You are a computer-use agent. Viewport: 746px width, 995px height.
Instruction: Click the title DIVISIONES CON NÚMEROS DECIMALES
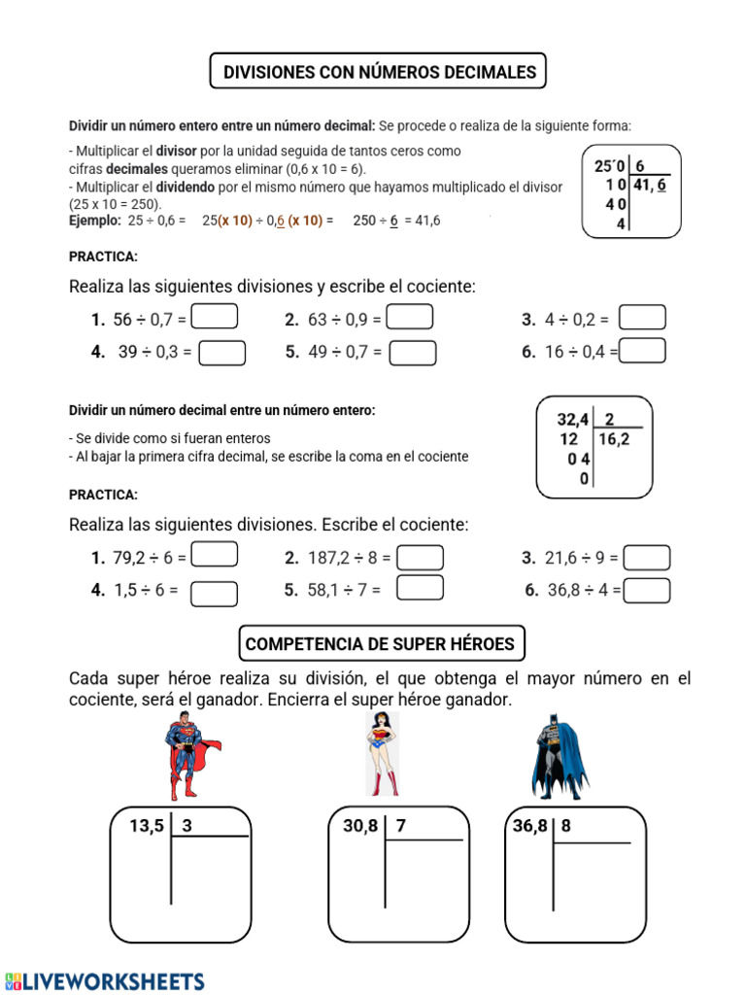coord(379,72)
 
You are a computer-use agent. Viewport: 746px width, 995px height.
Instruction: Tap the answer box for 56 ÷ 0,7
coord(215,318)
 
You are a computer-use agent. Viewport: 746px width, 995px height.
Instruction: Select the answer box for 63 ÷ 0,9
coord(410,318)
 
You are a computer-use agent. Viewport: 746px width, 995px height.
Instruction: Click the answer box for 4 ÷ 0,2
coord(642,318)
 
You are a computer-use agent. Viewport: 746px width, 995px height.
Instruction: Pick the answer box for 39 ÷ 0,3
coord(221,353)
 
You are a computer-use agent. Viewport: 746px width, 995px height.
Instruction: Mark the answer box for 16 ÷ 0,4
coord(642,351)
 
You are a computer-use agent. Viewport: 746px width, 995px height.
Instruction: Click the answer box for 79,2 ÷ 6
coord(215,555)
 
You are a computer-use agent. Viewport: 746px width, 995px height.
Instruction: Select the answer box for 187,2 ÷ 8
coord(421,558)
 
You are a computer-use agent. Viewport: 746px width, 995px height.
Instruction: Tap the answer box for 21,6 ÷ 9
coord(646,558)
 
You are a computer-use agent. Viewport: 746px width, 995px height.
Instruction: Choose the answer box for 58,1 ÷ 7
coord(421,588)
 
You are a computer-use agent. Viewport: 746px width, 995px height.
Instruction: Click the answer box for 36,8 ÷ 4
coord(646,590)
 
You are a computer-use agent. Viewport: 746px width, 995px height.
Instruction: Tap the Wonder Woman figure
coord(382,754)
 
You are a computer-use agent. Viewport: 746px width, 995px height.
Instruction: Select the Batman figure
coord(559,756)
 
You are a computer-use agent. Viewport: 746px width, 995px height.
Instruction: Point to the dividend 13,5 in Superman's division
coord(148,826)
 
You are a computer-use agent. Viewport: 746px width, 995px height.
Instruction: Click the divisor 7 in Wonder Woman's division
coord(401,826)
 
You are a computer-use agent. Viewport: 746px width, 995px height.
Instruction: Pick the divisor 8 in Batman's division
coord(566,826)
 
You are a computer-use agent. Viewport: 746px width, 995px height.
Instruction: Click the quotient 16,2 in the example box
coord(615,439)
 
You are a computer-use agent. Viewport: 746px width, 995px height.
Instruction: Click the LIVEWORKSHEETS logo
coord(105,980)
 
